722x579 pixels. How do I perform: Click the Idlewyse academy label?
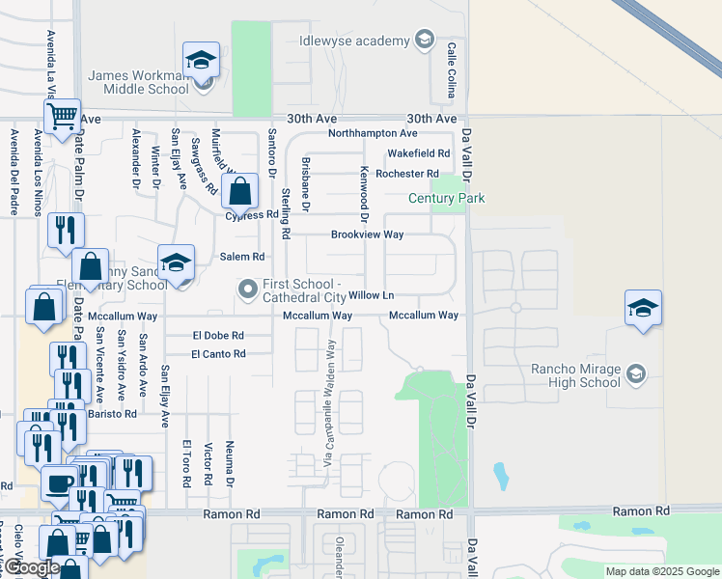367,41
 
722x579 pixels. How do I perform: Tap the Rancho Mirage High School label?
575,374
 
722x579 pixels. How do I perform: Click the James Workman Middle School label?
138,82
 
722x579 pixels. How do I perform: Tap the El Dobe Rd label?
217,336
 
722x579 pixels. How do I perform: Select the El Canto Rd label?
218,354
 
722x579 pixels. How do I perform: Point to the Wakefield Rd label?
419,153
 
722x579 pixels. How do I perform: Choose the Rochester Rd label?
407,174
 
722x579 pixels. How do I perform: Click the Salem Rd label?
242,257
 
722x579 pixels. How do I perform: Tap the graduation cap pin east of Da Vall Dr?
643,308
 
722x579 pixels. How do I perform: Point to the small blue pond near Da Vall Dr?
500,476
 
